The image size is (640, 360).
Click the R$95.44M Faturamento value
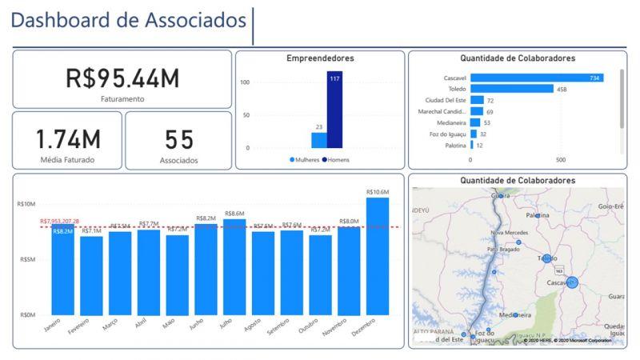click(122, 78)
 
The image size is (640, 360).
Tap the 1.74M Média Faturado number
click(68, 139)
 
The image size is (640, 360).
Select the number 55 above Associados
click(178, 139)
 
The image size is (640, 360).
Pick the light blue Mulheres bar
click(319, 140)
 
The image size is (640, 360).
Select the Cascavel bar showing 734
click(536, 78)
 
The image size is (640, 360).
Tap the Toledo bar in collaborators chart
click(511, 89)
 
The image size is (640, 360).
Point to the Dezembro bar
click(377, 256)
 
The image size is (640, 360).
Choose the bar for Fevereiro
click(91, 275)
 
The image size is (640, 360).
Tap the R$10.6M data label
click(377, 192)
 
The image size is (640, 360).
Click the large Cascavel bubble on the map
click(572, 282)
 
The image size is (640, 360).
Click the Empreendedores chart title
click(320, 58)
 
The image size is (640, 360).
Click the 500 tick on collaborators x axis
click(561, 160)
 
